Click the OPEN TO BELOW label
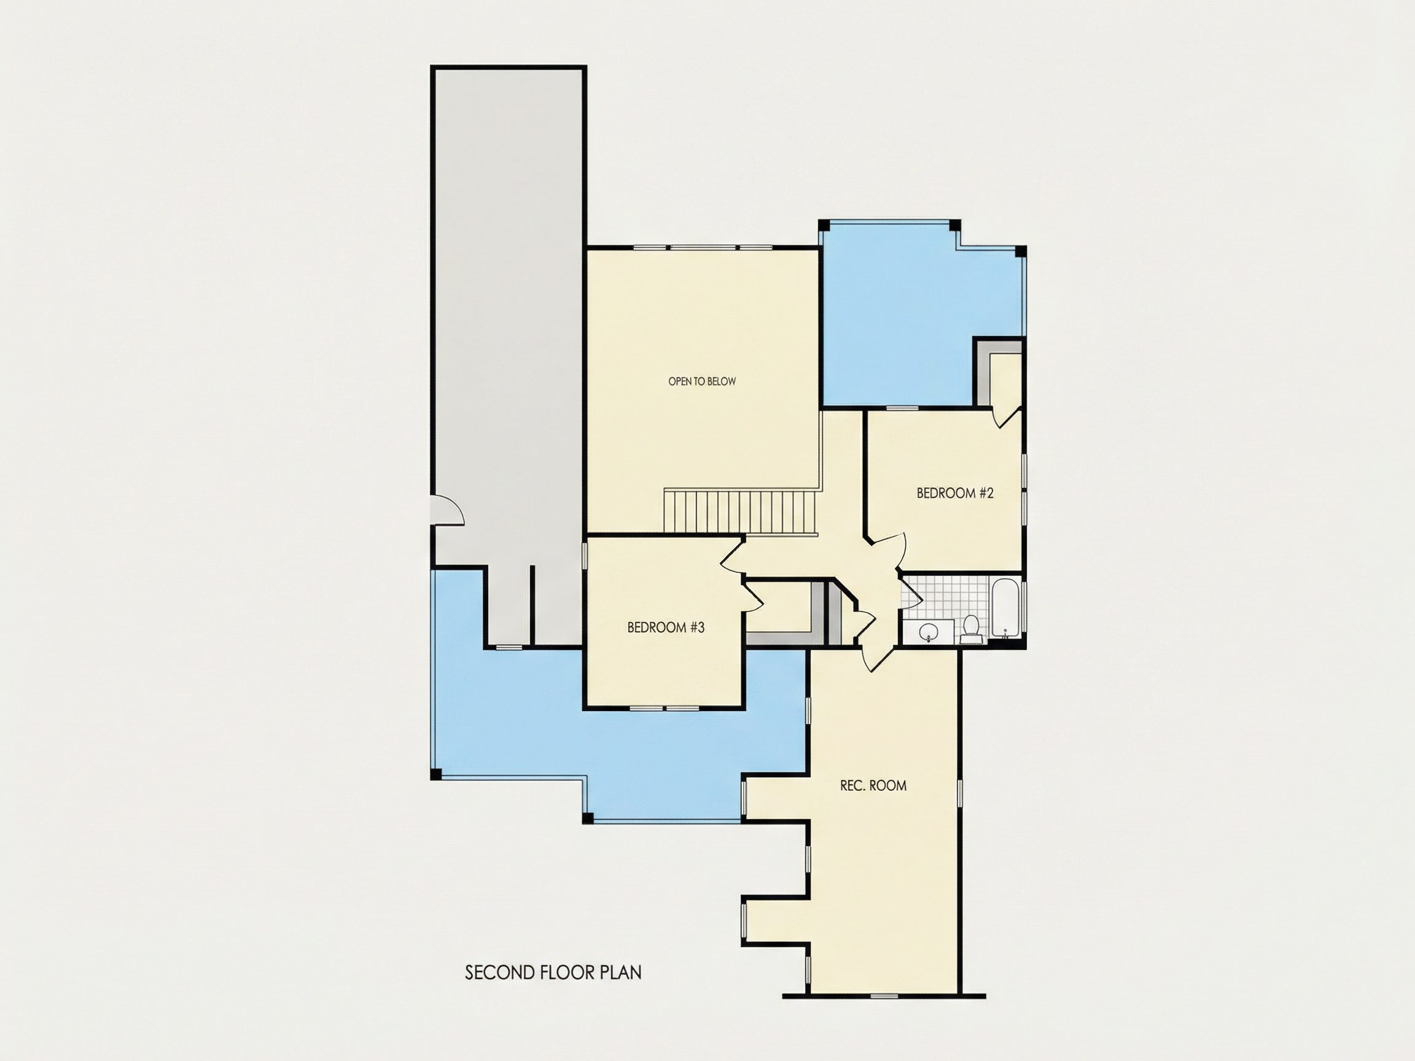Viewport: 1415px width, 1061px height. [702, 382]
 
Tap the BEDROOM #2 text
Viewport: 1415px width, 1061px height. [955, 493]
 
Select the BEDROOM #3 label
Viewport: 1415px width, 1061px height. [666, 628]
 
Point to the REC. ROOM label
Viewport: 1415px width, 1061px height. [873, 785]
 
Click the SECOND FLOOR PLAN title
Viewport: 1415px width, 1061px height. [553, 973]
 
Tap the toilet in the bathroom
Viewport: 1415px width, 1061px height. [971, 629]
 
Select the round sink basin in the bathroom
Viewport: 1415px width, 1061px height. [928, 632]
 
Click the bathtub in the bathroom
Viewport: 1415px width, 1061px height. [1005, 608]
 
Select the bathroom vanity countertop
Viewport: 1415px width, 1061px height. [928, 632]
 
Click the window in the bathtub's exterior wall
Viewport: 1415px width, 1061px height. [1024, 608]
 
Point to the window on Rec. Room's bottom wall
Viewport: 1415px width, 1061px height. [883, 996]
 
